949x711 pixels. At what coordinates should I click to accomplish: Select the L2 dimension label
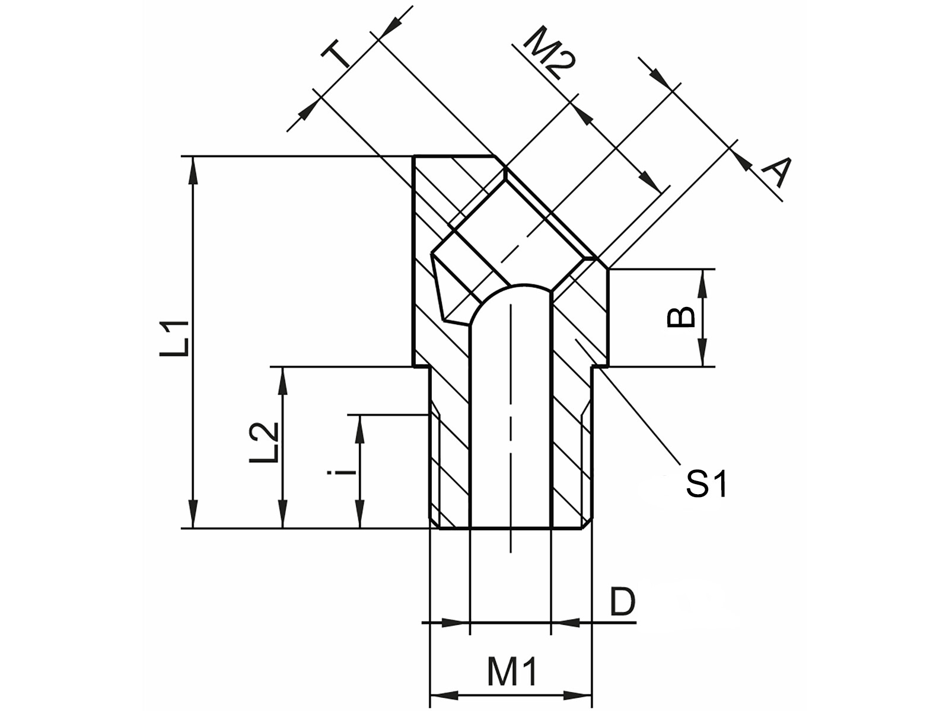point(263,442)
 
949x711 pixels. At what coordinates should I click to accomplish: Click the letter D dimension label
point(622,603)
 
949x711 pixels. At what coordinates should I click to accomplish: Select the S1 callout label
point(706,484)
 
